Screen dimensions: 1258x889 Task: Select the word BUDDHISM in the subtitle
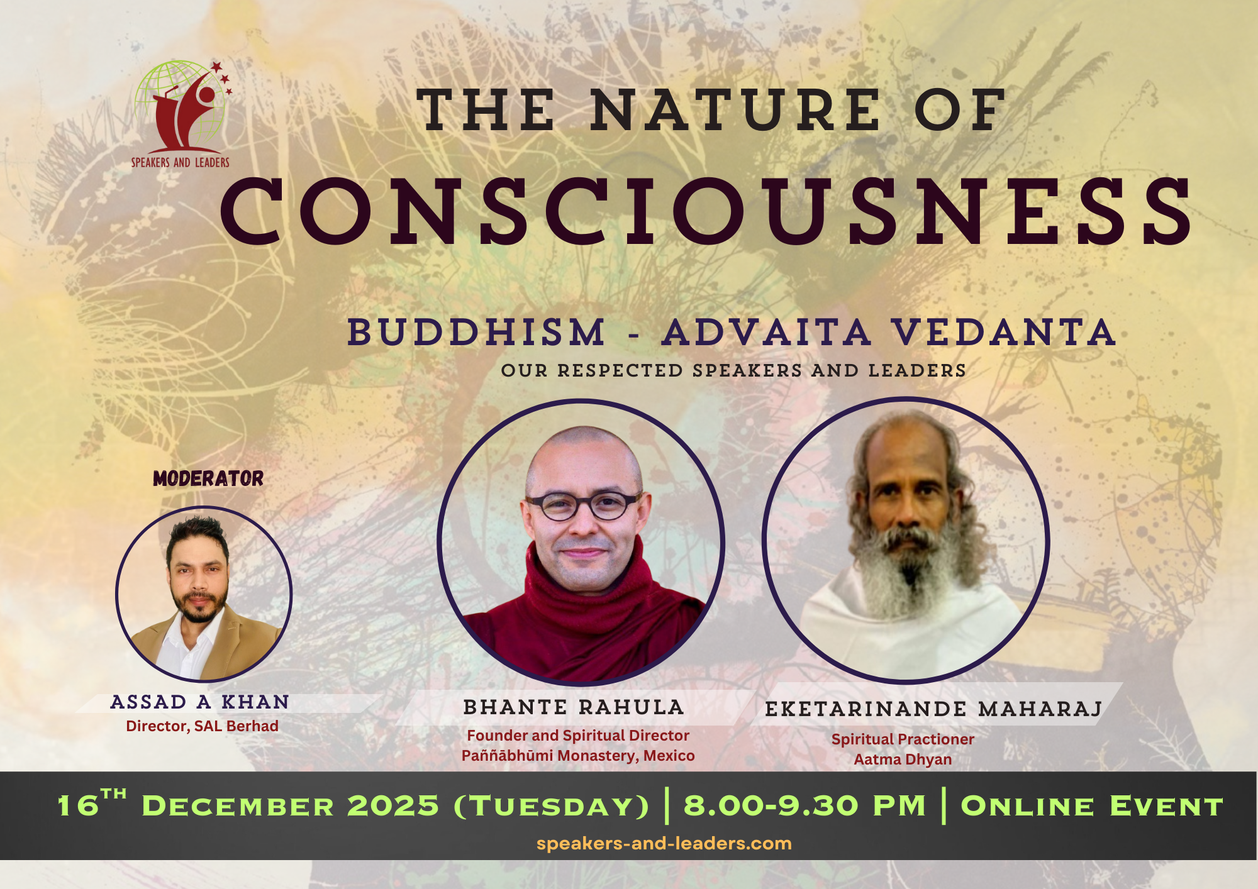(476, 332)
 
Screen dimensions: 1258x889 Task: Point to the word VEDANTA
(1004, 332)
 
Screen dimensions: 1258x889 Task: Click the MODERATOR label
(208, 478)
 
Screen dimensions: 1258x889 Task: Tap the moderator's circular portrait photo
(204, 594)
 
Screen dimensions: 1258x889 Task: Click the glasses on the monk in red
(584, 505)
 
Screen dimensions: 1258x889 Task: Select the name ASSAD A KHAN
(200, 702)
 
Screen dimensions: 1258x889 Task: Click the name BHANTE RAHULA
(574, 707)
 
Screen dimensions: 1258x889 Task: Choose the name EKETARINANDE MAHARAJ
(933, 709)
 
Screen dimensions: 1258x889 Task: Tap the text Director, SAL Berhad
(202, 726)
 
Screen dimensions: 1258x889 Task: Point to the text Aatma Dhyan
(903, 759)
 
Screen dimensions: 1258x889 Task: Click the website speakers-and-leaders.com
(664, 844)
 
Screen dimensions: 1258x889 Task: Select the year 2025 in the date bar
(393, 806)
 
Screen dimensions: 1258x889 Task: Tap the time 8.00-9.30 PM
(805, 806)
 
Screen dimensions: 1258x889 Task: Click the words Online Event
(1092, 806)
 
